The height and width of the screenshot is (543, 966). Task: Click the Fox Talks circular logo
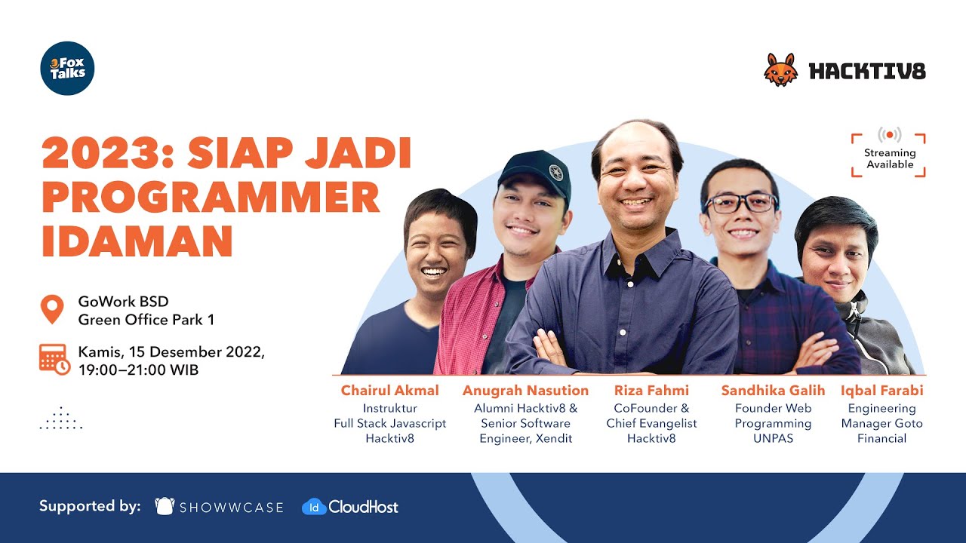pos(67,69)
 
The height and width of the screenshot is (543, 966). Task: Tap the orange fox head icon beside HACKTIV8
pos(780,70)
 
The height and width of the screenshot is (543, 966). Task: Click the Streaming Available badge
pos(889,155)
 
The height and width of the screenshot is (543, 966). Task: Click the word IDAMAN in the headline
pos(137,241)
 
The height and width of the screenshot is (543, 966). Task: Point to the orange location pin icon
pos(52,309)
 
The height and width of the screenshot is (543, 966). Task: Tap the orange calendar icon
pos(54,359)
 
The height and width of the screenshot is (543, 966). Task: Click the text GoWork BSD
pos(123,302)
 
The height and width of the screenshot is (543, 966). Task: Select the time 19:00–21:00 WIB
pos(138,370)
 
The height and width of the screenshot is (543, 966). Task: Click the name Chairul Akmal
pos(389,391)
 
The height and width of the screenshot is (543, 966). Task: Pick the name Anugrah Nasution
pos(525,391)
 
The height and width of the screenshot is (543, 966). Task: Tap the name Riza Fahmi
pos(651,391)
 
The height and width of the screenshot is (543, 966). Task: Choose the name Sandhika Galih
pos(773,391)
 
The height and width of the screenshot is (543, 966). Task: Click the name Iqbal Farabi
pos(881,391)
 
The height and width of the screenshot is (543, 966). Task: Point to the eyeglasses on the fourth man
pos(740,203)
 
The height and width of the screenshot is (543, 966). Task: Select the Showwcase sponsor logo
pos(219,507)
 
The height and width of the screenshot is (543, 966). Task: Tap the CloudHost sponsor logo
pos(350,507)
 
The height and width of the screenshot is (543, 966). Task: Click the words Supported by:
pos(90,506)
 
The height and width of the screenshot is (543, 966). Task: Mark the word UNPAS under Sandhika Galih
pos(773,438)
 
